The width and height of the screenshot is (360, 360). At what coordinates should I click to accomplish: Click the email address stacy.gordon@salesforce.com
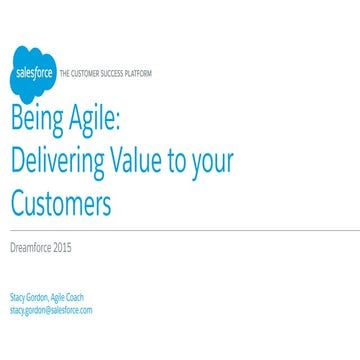[50, 310]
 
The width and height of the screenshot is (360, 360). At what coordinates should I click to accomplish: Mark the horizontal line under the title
[180, 231]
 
